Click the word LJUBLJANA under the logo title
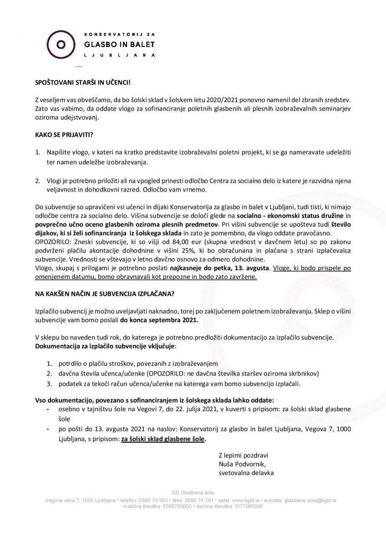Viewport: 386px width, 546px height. coord(120,55)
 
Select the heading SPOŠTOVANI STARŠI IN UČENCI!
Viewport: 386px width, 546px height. coord(82,85)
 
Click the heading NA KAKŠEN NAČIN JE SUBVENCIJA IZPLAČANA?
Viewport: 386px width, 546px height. coord(104,293)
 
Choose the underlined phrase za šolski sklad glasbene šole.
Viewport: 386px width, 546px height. coord(163,440)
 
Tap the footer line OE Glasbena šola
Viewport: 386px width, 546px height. coord(193,493)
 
